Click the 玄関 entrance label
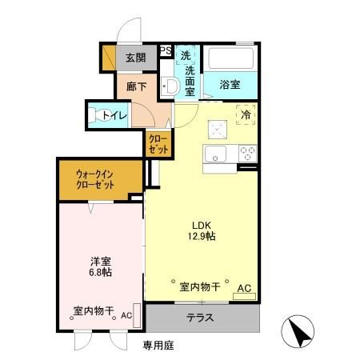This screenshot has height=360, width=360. (135, 58)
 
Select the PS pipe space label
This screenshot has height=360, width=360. (166, 50)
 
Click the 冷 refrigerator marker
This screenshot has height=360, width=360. (247, 114)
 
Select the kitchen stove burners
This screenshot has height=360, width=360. (246, 153)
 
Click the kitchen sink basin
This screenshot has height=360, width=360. (217, 154)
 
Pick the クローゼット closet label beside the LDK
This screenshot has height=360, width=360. (157, 145)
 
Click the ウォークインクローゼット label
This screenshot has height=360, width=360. (96, 178)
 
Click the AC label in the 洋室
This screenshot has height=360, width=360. (126, 314)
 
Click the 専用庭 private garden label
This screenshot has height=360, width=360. (158, 346)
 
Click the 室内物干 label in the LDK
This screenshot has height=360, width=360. (201, 286)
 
